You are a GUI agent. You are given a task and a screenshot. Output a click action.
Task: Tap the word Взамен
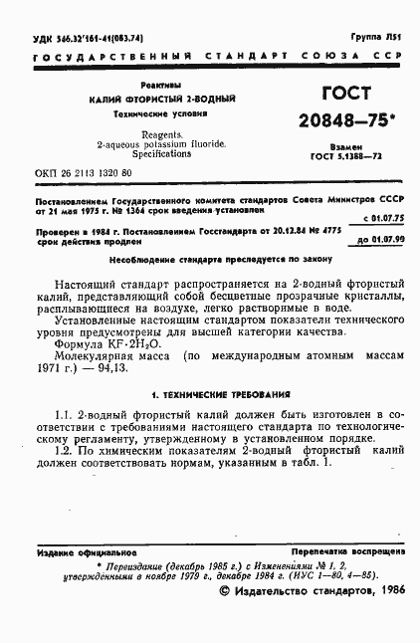[x=345, y=146]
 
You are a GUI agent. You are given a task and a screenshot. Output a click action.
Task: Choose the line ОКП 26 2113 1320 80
[x=83, y=173]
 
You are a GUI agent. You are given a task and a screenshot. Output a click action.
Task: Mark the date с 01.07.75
[x=379, y=217]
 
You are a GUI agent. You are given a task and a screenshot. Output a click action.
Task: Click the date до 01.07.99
[x=379, y=240]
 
